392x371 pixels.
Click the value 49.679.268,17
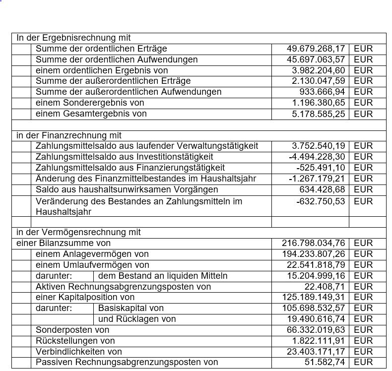point(316,49)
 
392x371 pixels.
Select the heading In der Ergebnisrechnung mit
point(73,38)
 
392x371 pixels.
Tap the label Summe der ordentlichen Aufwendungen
point(117,60)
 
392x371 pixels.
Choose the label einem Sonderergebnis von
point(90,103)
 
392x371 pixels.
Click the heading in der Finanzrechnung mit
point(69,135)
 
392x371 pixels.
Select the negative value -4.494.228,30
point(317,157)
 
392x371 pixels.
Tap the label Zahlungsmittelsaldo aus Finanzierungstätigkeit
point(130,168)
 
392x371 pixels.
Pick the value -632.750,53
point(320,201)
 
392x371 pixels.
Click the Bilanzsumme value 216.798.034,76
point(313,243)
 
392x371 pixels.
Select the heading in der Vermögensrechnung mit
point(78,232)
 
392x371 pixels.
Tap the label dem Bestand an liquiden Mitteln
point(163,276)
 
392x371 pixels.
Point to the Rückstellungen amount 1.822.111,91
point(318,341)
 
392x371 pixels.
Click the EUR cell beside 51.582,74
point(363,363)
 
